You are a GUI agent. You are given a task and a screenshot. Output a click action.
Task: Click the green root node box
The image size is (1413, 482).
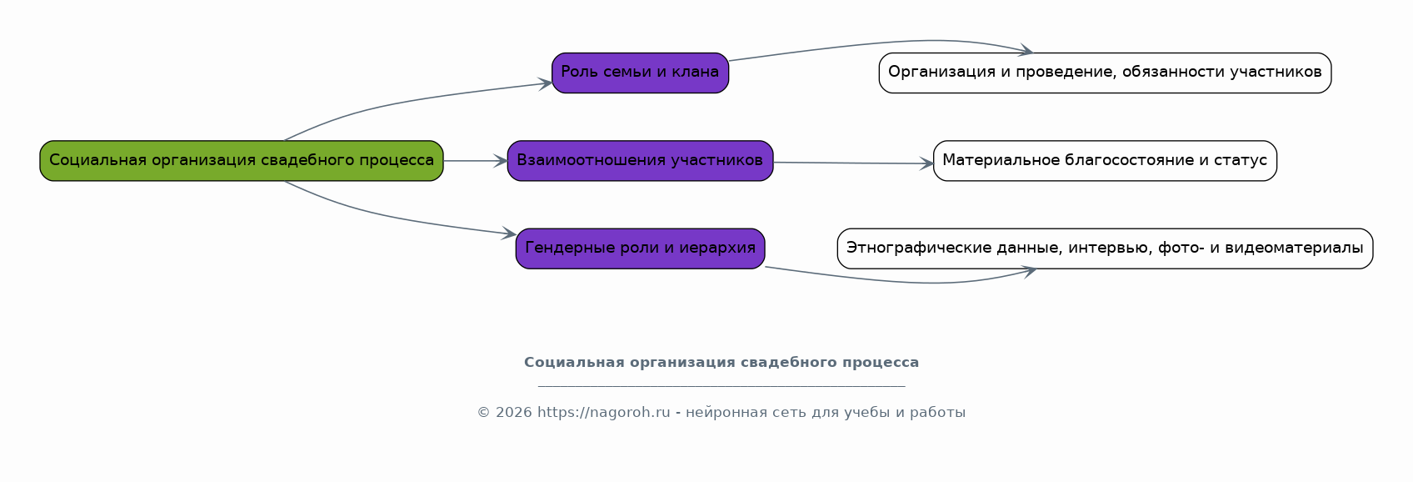point(242,160)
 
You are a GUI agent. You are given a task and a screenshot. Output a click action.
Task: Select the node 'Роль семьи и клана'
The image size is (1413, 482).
point(640,73)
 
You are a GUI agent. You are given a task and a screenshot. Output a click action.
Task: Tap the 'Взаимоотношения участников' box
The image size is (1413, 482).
point(640,160)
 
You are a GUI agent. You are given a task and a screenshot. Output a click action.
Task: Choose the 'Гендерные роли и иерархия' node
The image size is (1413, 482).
point(640,249)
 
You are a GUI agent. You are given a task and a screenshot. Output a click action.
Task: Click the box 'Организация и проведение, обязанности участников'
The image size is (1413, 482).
point(1106,73)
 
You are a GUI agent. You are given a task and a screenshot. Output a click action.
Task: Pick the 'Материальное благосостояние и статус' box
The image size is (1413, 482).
point(1106,160)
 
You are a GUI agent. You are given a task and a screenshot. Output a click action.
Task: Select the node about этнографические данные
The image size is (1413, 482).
point(1106,249)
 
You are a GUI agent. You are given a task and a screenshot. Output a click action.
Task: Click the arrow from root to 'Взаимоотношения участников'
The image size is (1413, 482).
point(476,160)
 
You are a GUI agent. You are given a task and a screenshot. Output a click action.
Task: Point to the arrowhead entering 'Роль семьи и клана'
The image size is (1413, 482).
point(546,83)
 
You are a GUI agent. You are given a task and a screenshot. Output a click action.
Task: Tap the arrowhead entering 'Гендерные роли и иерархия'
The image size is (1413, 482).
point(510,233)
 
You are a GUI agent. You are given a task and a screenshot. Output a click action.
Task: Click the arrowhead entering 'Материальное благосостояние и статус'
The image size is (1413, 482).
point(926,163)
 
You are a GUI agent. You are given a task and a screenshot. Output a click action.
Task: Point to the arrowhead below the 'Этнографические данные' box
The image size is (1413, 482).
point(1029,272)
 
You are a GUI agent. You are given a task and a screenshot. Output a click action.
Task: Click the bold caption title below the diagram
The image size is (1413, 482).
point(721,362)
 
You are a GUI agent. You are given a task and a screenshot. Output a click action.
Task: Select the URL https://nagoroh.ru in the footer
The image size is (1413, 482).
point(604,413)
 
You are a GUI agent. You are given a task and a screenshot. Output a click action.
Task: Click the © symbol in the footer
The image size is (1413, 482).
point(483,413)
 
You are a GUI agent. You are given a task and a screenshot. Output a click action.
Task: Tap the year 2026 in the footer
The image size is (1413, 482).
point(513,413)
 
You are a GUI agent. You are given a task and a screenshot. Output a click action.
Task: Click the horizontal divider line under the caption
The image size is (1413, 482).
point(721,384)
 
